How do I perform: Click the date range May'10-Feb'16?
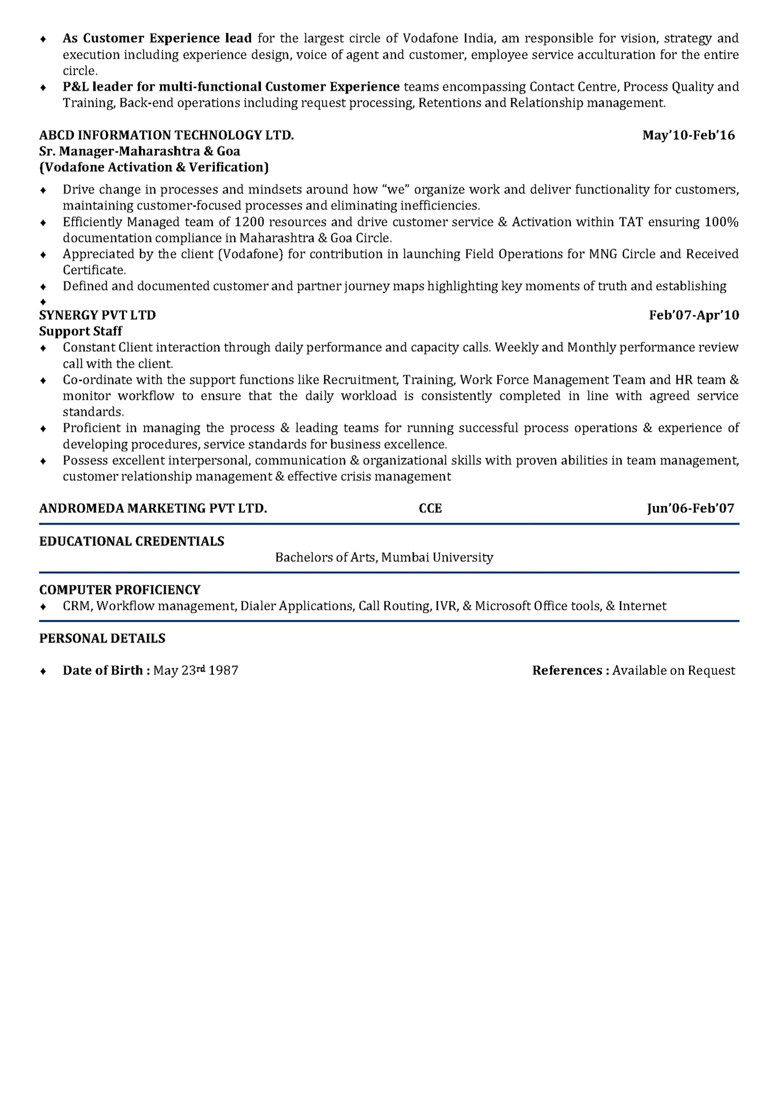pos(688,135)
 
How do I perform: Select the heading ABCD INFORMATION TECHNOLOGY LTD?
pos(166,135)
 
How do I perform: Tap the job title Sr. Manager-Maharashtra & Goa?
pos(140,151)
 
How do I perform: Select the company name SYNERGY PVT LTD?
pos(98,316)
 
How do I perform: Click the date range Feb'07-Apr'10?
pos(694,316)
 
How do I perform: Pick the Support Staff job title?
pos(81,331)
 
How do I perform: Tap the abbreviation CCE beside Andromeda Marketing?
pos(430,508)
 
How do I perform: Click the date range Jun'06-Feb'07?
pos(690,508)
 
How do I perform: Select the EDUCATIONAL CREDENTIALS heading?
pos(131,542)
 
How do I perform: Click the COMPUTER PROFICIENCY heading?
pos(120,590)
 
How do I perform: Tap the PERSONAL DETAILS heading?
pos(102,638)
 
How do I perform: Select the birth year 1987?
pos(223,671)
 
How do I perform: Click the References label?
pos(567,671)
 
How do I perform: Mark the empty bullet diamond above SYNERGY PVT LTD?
pos(43,302)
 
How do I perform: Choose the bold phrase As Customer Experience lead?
pos(157,39)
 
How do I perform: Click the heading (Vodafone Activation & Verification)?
pos(154,167)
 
